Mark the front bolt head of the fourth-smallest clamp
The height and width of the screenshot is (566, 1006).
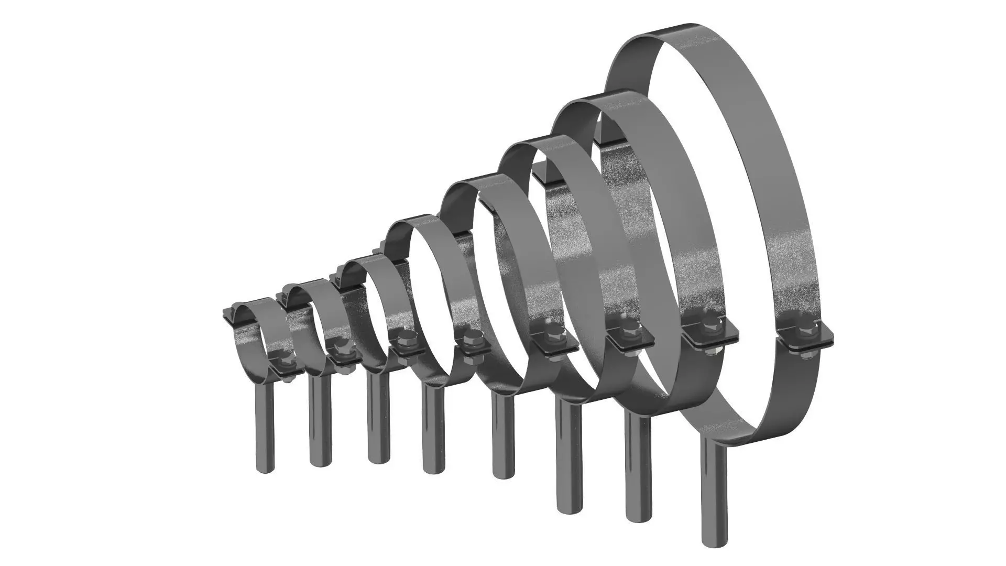[x=470, y=339]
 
